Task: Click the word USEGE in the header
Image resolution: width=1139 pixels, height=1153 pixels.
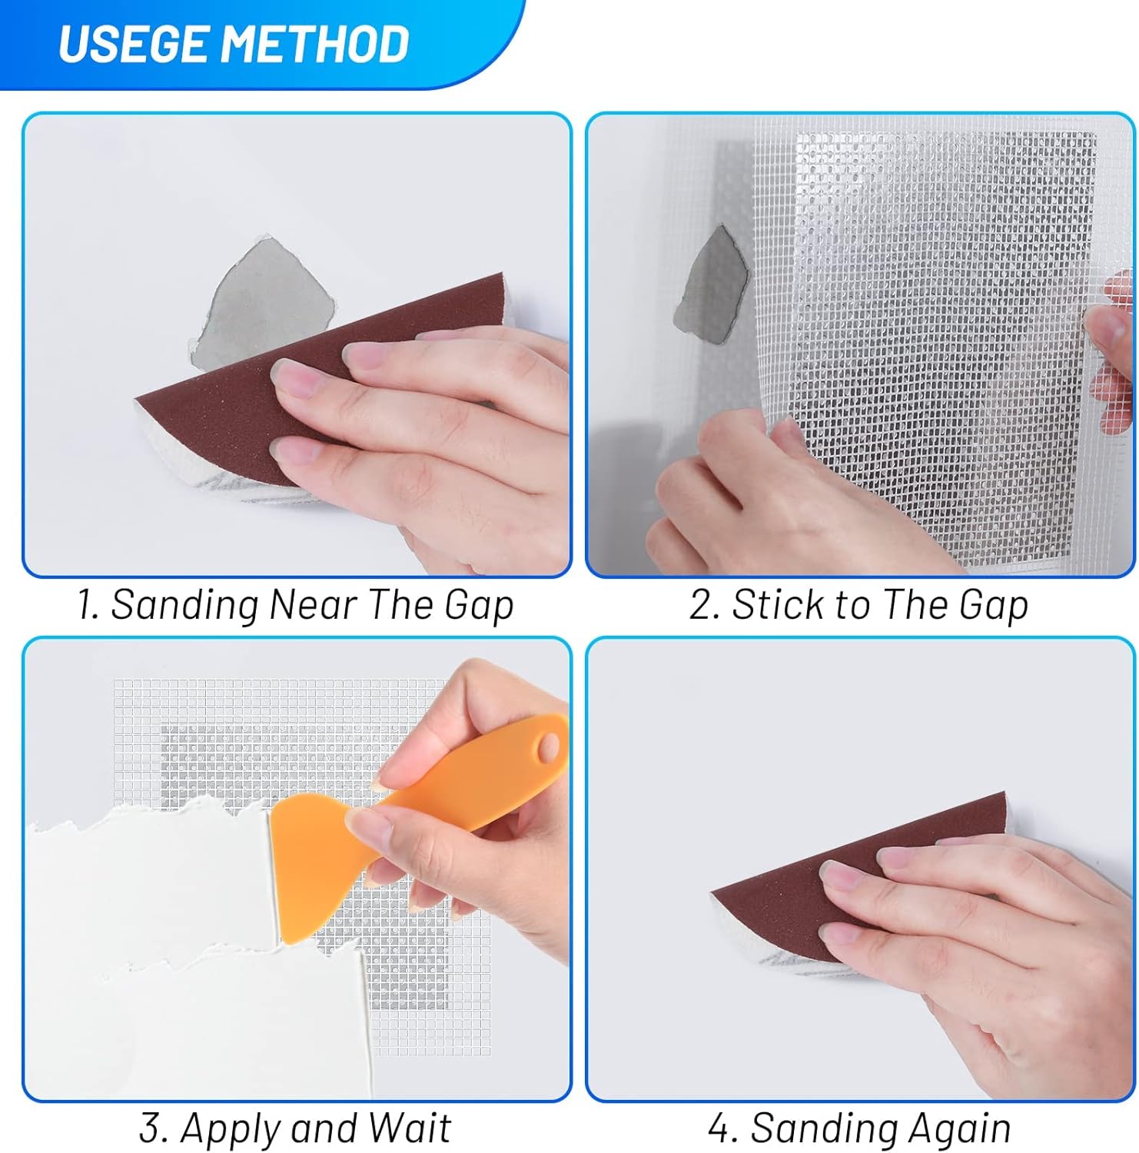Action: [x=134, y=44]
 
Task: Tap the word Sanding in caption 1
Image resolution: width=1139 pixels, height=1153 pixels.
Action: [x=184, y=605]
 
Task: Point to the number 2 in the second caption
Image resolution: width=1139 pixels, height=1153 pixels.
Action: [x=702, y=605]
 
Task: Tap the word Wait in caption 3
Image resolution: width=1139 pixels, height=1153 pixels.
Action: [x=409, y=1129]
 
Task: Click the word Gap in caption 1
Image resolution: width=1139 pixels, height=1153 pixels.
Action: [x=478, y=605]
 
